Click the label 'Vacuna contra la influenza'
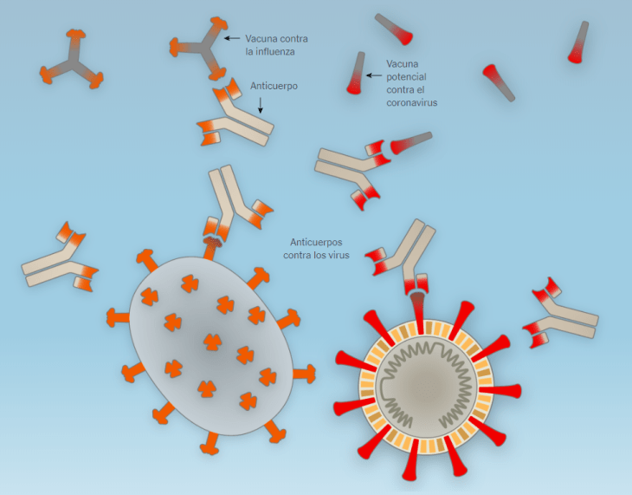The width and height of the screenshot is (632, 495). coord(275,45)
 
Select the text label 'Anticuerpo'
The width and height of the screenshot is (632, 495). coord(274,86)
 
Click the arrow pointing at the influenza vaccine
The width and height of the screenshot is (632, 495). coord(231,38)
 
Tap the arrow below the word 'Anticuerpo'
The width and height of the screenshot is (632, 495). coord(261,105)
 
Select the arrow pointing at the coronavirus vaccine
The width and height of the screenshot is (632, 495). coord(375,76)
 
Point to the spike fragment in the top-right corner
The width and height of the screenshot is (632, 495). coord(578,42)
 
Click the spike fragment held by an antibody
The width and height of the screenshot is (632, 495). coord(410,142)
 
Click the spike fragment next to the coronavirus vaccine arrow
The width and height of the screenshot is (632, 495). coord(356,74)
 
